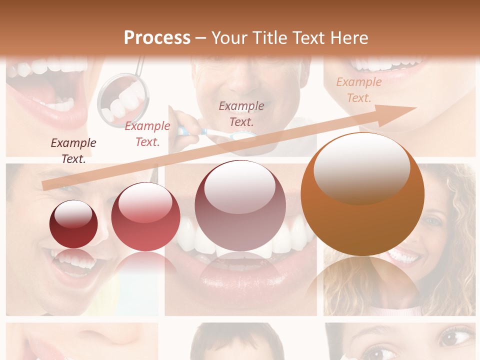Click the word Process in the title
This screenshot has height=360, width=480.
(x=157, y=38)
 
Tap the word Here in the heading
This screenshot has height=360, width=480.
(x=348, y=38)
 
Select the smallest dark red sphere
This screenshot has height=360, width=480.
(x=73, y=224)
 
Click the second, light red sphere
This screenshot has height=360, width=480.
(x=145, y=216)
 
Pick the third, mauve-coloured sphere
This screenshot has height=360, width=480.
(x=240, y=205)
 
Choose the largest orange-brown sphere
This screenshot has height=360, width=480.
(x=362, y=194)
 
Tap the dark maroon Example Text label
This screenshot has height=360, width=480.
(x=73, y=150)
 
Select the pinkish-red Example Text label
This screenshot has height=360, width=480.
(x=147, y=134)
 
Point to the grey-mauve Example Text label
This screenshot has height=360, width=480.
(x=241, y=113)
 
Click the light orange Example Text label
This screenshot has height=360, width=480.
(x=359, y=89)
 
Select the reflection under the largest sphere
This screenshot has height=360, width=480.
(x=362, y=280)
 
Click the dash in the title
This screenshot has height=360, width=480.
(x=201, y=38)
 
